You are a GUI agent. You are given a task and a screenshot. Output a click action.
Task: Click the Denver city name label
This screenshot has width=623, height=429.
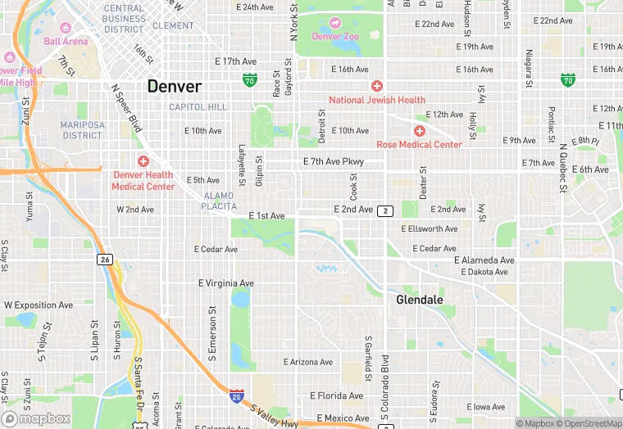click(174, 86)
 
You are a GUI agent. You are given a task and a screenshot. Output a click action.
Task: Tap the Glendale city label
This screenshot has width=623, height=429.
click(419, 300)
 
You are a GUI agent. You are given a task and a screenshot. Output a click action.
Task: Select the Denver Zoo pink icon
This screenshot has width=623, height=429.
click(334, 23)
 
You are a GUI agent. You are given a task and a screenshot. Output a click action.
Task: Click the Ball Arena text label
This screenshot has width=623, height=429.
click(66, 41)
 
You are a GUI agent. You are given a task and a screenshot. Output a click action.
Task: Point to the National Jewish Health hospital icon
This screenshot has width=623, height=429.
click(377, 86)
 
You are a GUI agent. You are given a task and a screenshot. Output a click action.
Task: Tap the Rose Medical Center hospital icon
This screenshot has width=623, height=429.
click(420, 131)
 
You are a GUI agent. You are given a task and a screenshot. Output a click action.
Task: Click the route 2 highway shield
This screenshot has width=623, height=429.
click(385, 211)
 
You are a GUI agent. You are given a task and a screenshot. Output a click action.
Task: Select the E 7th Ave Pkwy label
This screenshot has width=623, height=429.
click(333, 162)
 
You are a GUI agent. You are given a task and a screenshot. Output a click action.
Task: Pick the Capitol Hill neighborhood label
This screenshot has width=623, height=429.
click(198, 107)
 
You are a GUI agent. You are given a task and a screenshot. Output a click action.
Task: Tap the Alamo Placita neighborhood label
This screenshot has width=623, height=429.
click(218, 201)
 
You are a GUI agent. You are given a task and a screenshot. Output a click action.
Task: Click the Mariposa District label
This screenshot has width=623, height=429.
click(81, 129)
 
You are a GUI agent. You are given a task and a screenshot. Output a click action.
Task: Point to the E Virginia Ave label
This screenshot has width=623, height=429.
click(226, 283)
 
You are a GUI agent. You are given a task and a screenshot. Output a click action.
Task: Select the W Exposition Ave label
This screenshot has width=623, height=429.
click(39, 305)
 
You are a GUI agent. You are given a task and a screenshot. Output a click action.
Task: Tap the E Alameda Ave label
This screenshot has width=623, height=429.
click(484, 260)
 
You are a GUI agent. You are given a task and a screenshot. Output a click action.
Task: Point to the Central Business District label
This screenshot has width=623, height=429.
click(124, 19)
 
